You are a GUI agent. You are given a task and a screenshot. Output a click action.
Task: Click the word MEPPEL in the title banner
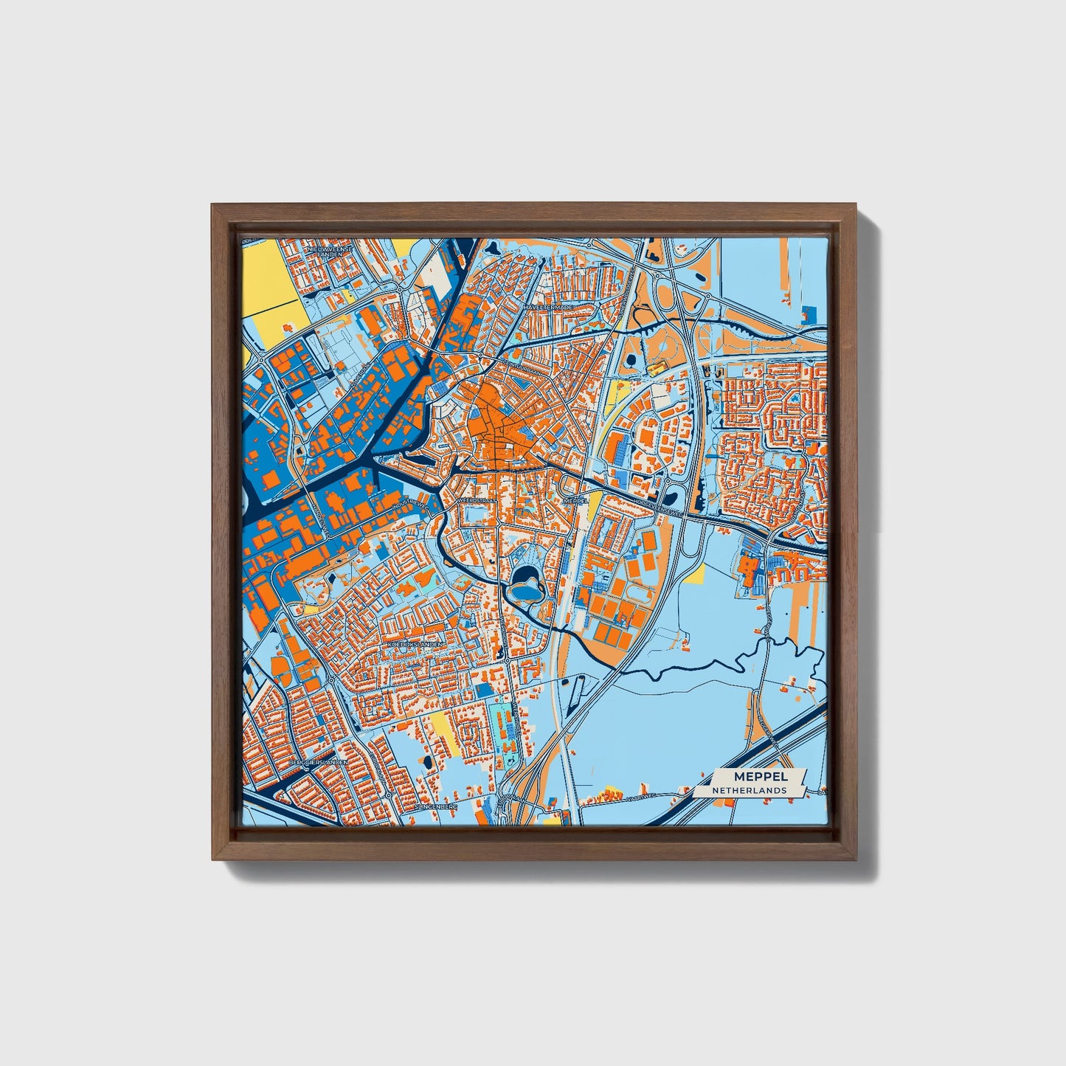(x=761, y=776)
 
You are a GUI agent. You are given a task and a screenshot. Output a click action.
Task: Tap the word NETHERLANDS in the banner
(x=749, y=790)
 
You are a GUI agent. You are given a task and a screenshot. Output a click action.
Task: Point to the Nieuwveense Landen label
(x=330, y=252)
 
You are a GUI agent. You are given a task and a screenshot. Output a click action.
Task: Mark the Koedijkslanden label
(x=416, y=644)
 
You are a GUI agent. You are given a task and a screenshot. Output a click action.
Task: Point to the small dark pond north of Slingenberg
(x=427, y=760)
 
